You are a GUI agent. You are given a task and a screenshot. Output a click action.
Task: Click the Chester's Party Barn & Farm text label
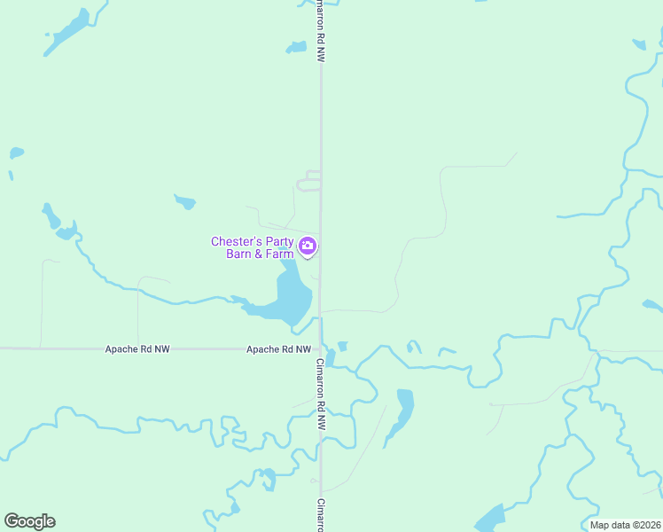click(x=253, y=247)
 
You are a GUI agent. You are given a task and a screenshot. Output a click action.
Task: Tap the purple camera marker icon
click(x=308, y=246)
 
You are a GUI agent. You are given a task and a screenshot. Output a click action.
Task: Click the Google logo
click(x=29, y=521)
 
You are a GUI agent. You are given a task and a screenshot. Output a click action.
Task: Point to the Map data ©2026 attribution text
click(x=625, y=525)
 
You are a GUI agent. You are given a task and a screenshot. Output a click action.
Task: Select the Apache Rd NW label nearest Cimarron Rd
click(x=278, y=349)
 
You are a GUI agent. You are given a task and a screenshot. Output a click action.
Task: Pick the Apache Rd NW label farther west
click(x=136, y=349)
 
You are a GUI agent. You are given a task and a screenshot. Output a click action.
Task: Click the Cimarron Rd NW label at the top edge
click(x=321, y=31)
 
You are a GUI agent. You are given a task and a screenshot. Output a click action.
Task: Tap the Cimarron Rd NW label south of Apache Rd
click(x=321, y=394)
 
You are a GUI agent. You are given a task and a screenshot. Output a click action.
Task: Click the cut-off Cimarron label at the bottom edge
click(x=321, y=515)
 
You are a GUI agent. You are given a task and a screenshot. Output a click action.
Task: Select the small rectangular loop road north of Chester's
click(x=308, y=181)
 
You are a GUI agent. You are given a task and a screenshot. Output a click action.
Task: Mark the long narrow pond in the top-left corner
click(x=69, y=31)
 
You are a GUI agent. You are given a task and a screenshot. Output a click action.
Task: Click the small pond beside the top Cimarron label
click(x=296, y=47)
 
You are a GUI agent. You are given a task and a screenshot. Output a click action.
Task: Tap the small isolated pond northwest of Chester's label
click(x=185, y=201)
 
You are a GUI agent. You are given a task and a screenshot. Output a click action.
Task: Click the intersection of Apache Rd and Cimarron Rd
click(x=321, y=349)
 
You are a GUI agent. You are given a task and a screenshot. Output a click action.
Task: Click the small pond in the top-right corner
click(x=639, y=43)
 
